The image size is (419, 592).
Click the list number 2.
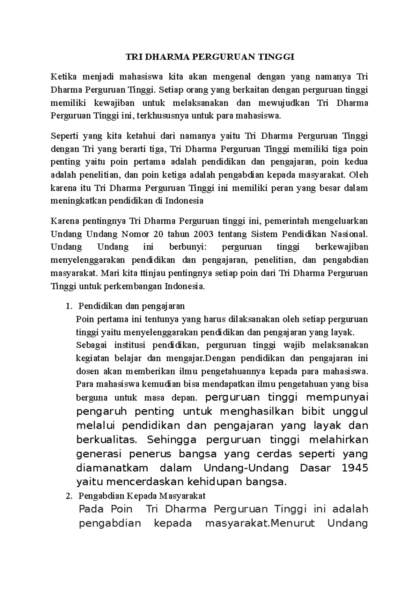[68, 496]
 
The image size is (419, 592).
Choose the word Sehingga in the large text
[171, 440]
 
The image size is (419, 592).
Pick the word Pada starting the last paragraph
[91, 509]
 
